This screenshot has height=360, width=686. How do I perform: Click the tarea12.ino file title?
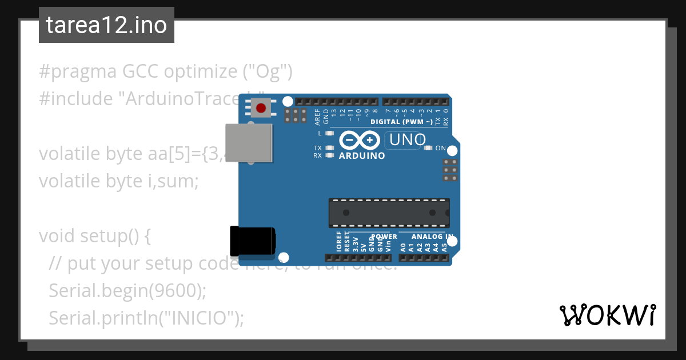click(106, 25)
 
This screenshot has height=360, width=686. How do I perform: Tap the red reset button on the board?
click(261, 107)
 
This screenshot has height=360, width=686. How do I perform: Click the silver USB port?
click(249, 142)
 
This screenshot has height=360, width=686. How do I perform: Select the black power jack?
click(252, 241)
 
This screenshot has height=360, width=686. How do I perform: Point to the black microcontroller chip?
click(389, 212)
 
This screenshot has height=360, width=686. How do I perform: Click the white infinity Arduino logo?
click(360, 140)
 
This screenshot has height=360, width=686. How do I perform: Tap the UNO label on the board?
click(405, 139)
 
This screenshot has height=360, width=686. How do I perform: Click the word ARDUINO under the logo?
click(361, 155)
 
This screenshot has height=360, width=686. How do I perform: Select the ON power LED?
click(428, 148)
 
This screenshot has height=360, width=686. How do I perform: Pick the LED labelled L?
click(329, 133)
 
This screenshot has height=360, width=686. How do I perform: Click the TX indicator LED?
click(329, 148)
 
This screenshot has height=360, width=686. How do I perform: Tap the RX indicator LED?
click(329, 155)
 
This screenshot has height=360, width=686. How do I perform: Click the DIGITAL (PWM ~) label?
click(401, 122)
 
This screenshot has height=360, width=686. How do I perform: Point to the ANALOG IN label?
click(432, 237)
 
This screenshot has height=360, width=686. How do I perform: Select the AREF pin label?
click(317, 117)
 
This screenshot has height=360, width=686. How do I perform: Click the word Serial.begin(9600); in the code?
click(127, 290)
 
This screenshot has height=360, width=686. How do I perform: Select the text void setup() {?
click(94, 235)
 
